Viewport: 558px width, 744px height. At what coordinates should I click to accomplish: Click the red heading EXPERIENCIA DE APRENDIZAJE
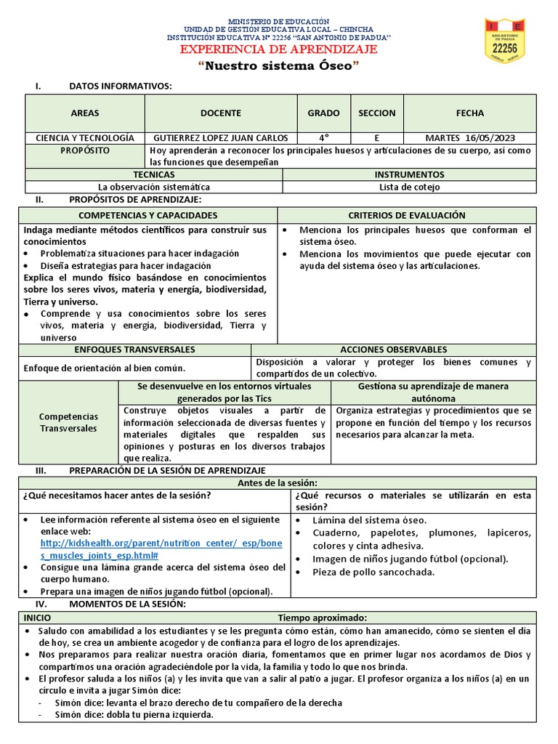tap(279, 49)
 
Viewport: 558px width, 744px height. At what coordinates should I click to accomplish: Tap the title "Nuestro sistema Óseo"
tap(279, 66)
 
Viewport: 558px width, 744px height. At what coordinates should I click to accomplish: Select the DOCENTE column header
tap(221, 113)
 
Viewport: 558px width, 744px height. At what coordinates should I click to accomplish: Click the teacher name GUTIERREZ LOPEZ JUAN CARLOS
tap(221, 138)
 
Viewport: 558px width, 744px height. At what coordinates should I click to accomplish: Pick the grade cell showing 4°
tap(323, 138)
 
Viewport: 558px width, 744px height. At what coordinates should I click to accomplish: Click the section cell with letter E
tap(376, 138)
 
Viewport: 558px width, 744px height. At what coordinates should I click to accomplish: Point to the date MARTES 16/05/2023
tap(469, 138)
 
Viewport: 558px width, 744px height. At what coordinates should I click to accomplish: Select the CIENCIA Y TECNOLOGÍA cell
tap(85, 138)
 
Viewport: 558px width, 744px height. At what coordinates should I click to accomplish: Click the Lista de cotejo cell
tap(409, 187)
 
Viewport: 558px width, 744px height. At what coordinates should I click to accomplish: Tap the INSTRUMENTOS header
tap(409, 175)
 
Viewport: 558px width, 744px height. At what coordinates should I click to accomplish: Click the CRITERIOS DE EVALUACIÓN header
tap(407, 216)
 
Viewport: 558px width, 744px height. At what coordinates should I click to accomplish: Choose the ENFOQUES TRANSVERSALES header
tap(134, 350)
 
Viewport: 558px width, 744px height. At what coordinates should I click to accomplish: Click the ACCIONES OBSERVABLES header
tap(393, 350)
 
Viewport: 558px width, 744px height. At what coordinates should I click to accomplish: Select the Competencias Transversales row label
tap(68, 423)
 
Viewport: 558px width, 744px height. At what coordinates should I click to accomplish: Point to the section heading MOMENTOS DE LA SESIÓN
tap(127, 604)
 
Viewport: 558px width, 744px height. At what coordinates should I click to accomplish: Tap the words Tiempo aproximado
tap(317, 617)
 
